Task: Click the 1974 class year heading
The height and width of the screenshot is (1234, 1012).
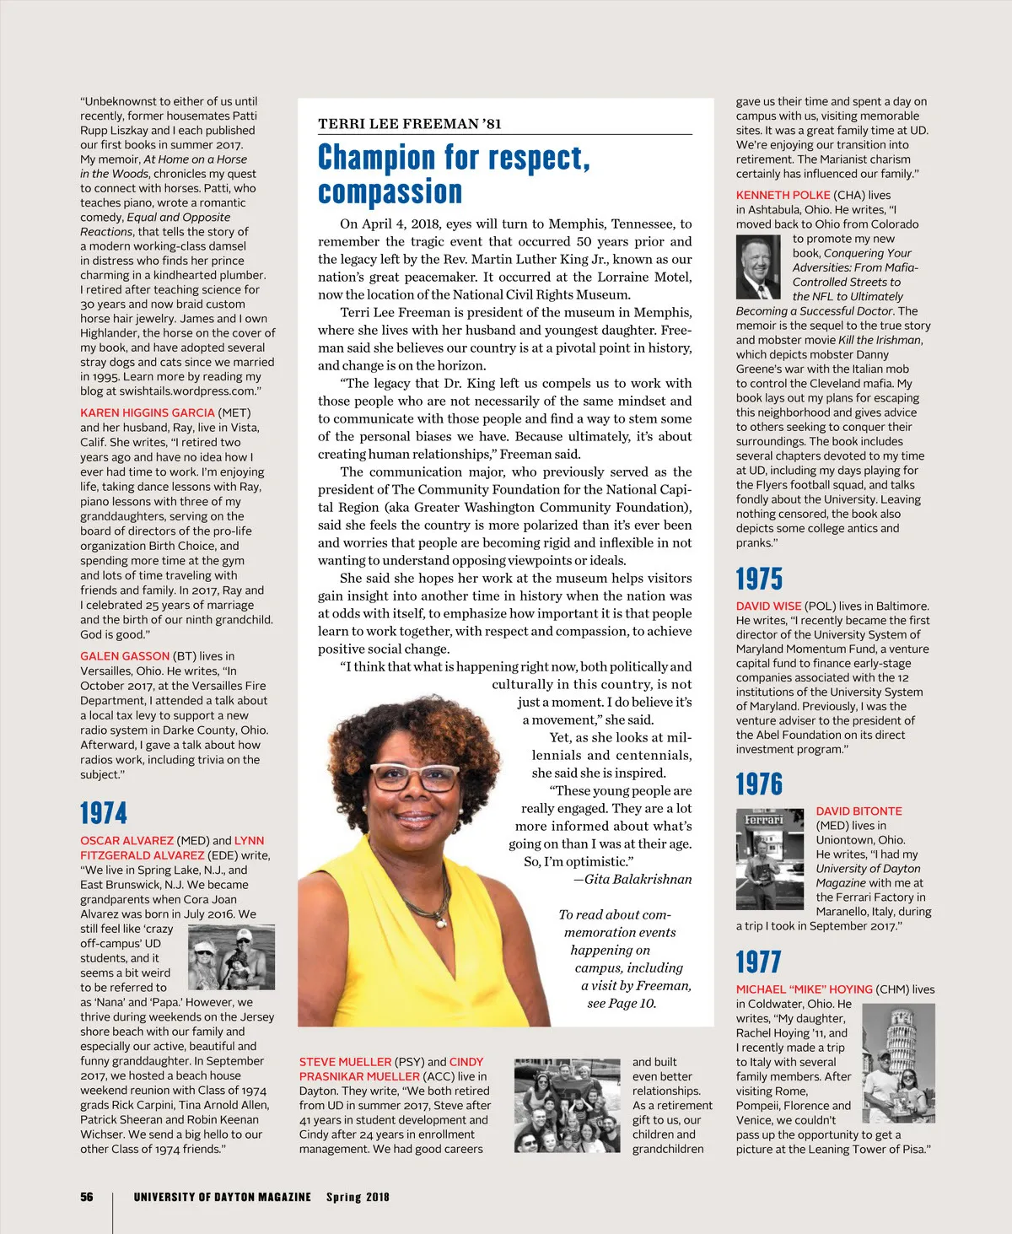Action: [x=104, y=813]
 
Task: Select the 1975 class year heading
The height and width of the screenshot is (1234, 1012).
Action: [x=759, y=579]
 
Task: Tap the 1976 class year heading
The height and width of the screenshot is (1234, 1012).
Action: [x=759, y=784]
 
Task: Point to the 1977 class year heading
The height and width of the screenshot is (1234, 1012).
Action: [x=758, y=962]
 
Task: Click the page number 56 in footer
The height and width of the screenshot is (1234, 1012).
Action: [x=87, y=1197]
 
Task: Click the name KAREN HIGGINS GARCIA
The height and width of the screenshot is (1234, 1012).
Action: [x=148, y=412]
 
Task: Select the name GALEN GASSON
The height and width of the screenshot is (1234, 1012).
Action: [x=125, y=655]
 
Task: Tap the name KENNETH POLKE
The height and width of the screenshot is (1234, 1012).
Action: [x=783, y=195]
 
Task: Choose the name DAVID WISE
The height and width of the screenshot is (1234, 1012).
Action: [x=768, y=606]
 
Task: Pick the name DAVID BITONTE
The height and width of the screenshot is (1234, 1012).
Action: [x=859, y=811]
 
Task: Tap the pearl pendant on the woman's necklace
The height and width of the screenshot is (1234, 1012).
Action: [x=440, y=922]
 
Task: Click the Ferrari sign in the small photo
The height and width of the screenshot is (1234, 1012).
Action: [x=764, y=819]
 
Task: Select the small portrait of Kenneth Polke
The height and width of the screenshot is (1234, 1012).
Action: [x=758, y=267]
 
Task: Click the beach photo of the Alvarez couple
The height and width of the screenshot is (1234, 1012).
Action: [x=231, y=956]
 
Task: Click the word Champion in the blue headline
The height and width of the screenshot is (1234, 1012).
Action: [x=374, y=158]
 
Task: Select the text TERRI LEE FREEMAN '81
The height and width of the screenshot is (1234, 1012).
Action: [x=409, y=124]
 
